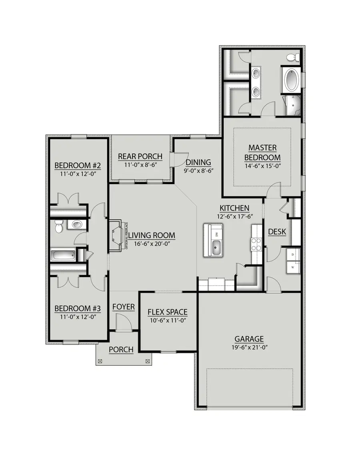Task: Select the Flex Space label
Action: pos(167,312)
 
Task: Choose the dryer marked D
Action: pos(293,254)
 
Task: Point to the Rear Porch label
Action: pos(140,156)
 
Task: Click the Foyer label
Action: pos(123,307)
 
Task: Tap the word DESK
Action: pos(277,231)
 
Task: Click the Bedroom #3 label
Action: pos(77,309)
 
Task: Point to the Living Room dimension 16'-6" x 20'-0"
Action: pos(152,244)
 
